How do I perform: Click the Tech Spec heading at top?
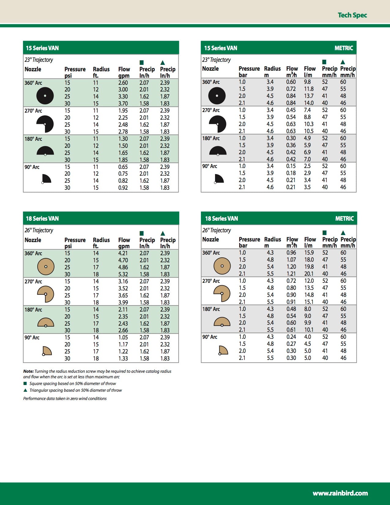(x=352, y=15)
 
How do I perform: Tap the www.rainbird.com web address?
(x=340, y=493)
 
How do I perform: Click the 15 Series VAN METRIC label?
(x=344, y=48)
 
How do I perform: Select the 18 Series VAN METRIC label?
(x=344, y=219)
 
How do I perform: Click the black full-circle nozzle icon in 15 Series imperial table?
(x=45, y=96)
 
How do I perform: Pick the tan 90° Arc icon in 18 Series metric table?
(x=223, y=350)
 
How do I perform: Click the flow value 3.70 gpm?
(x=123, y=103)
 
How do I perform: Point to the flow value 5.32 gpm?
(x=123, y=274)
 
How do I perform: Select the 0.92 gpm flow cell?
(x=123, y=188)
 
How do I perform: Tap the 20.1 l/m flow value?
(x=309, y=274)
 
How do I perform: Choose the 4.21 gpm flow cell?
(x=123, y=253)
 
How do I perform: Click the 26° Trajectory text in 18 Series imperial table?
(x=39, y=230)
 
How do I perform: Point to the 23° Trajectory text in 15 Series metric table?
(x=216, y=60)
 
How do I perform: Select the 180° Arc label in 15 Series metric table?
(x=211, y=138)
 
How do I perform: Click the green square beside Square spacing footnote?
(x=25, y=383)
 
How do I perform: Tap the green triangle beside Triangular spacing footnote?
(x=25, y=390)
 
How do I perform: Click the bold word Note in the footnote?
(x=28, y=371)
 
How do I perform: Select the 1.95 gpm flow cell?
(x=123, y=110)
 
